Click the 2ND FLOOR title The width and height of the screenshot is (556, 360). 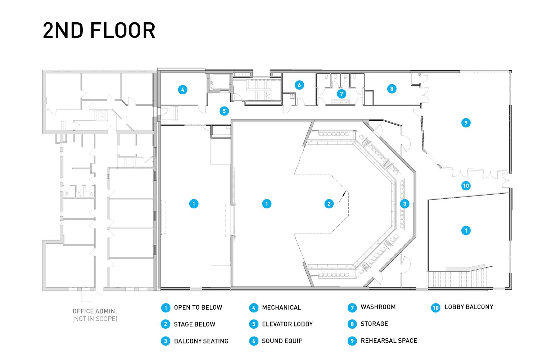tap(99, 30)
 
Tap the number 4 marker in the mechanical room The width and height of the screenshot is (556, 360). tap(183, 90)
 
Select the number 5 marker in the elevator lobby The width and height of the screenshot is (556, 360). tap(224, 111)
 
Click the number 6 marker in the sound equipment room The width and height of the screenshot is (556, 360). tap(299, 85)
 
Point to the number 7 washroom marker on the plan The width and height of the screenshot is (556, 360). tap(342, 94)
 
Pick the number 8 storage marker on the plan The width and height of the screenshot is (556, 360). tap(392, 89)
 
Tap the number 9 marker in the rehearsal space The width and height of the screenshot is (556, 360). tap(466, 123)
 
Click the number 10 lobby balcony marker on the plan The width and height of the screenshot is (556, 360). tap(466, 186)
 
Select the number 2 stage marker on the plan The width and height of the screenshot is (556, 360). tap(329, 204)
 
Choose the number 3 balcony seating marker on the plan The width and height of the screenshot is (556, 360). tap(404, 204)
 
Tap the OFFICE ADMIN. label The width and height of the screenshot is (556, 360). tap(95, 311)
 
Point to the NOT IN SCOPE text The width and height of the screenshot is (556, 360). tap(95, 319)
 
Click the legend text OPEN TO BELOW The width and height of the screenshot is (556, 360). tap(198, 307)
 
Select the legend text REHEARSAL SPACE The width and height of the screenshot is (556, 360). tap(389, 341)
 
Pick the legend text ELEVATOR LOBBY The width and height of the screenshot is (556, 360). tap(287, 324)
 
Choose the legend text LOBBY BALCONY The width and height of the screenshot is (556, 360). tap(469, 307)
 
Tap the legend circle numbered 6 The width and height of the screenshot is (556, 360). tap(254, 341)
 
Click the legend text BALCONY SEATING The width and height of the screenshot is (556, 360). tap(201, 341)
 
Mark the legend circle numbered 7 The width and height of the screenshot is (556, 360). tap(352, 307)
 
